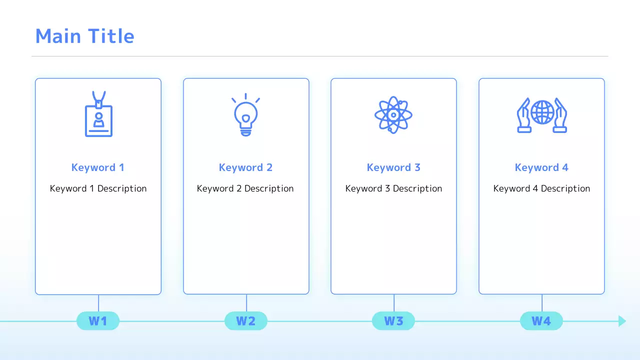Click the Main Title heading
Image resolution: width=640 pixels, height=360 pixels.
coord(84,36)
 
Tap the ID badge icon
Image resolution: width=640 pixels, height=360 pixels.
coord(98,114)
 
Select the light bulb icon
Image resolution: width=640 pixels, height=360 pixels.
coord(245,115)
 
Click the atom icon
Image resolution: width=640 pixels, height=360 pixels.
coord(393,115)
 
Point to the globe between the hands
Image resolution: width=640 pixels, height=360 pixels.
coord(542,112)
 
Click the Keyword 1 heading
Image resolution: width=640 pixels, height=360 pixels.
coord(97,167)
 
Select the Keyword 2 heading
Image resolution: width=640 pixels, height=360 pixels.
coord(245,167)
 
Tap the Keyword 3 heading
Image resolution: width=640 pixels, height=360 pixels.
coord(393,167)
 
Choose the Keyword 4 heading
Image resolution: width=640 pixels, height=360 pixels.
coord(541,167)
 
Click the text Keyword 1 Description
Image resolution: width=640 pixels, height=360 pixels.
coord(98,188)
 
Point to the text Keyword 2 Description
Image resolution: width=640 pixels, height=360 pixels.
coord(245,188)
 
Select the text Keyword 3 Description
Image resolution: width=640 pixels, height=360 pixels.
coord(393,188)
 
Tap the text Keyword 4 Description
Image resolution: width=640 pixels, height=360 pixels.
coord(541,188)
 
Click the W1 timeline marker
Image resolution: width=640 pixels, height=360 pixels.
coord(98,321)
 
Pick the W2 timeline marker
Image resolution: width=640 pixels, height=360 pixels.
coord(245,321)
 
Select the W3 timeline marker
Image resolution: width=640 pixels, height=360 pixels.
coord(393,321)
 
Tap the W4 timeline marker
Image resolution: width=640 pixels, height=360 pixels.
coord(541,321)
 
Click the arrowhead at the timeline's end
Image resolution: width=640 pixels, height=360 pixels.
coord(622,321)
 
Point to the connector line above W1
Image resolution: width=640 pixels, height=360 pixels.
coord(98,303)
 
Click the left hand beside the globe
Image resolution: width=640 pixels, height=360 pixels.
coord(523,115)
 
